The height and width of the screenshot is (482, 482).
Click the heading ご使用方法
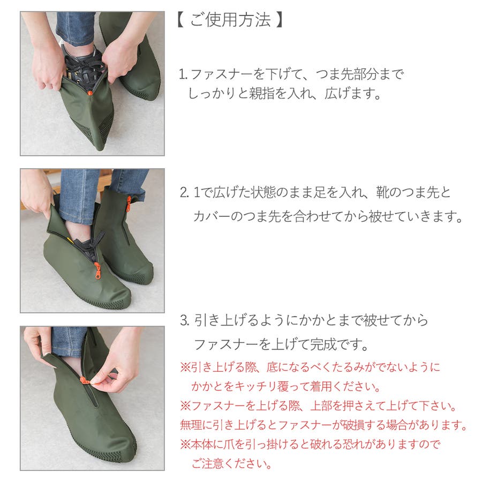pyautogui.click(x=230, y=20)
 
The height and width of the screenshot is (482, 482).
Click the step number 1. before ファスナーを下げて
pyautogui.click(x=183, y=74)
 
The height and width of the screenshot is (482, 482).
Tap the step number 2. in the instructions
pyautogui.click(x=184, y=193)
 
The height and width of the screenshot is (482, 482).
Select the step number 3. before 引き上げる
pyautogui.click(x=185, y=321)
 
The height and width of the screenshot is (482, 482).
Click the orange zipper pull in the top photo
pyautogui.click(x=89, y=92)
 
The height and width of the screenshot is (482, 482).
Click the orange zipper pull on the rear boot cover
pyautogui.click(x=129, y=204)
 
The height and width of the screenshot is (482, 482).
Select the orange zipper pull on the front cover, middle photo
pyautogui.click(x=97, y=271)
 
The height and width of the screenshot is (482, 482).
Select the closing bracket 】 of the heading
pyautogui.click(x=279, y=20)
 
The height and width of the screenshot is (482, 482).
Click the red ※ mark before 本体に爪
pyautogui.click(x=185, y=444)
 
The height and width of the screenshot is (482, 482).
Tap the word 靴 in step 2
pyautogui.click(x=382, y=193)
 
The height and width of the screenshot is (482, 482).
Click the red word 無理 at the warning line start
pyautogui.click(x=191, y=425)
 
